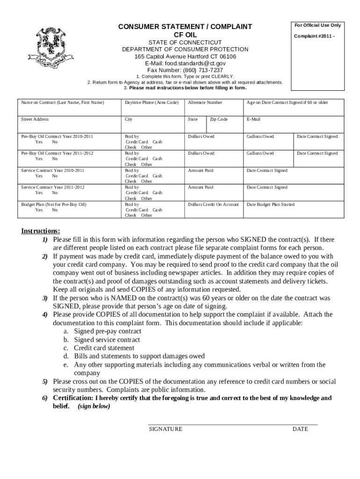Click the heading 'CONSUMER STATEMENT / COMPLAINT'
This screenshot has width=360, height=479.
(x=185, y=26)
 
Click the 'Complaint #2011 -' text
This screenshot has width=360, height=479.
(x=314, y=36)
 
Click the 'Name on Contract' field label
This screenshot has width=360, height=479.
(x=62, y=102)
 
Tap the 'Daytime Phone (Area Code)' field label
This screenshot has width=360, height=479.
(x=151, y=102)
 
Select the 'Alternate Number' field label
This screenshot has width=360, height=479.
(x=205, y=102)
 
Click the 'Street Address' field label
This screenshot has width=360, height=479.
(x=35, y=119)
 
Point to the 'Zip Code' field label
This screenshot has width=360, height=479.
(x=218, y=119)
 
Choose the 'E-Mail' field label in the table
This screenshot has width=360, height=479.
(x=253, y=119)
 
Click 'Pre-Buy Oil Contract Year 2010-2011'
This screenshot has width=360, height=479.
(x=57, y=137)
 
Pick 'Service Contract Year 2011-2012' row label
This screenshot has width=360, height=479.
(x=53, y=187)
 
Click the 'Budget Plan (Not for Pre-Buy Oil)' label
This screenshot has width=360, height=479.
(x=54, y=204)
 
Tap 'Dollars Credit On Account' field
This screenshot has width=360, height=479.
(x=213, y=204)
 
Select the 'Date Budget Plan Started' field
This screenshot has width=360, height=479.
(x=271, y=204)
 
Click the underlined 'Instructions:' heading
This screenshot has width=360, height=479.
(x=41, y=231)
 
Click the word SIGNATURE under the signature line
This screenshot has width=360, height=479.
(x=166, y=429)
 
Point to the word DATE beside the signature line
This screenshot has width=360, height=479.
(x=300, y=429)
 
